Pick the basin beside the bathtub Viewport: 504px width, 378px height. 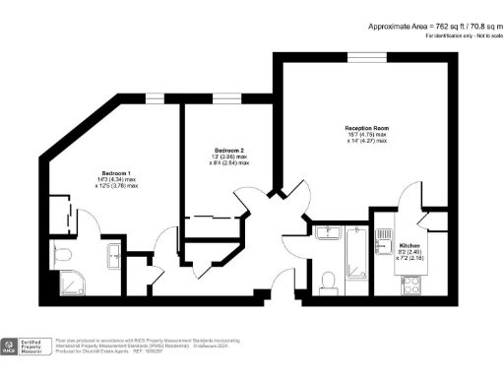pos(328,233)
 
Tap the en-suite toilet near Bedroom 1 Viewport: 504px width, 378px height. pos(65,256)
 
